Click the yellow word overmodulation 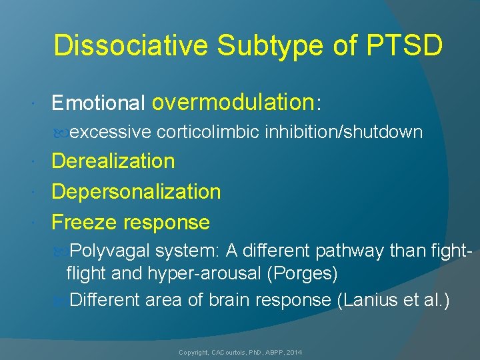(233, 102)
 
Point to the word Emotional (98, 103)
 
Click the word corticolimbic (208, 133)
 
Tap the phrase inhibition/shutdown (343, 133)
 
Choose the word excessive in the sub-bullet (110, 133)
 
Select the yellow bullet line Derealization (113, 161)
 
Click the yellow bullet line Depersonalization (136, 191)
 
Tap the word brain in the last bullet (232, 301)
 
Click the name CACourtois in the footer (229, 351)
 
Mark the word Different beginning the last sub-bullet (105, 301)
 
